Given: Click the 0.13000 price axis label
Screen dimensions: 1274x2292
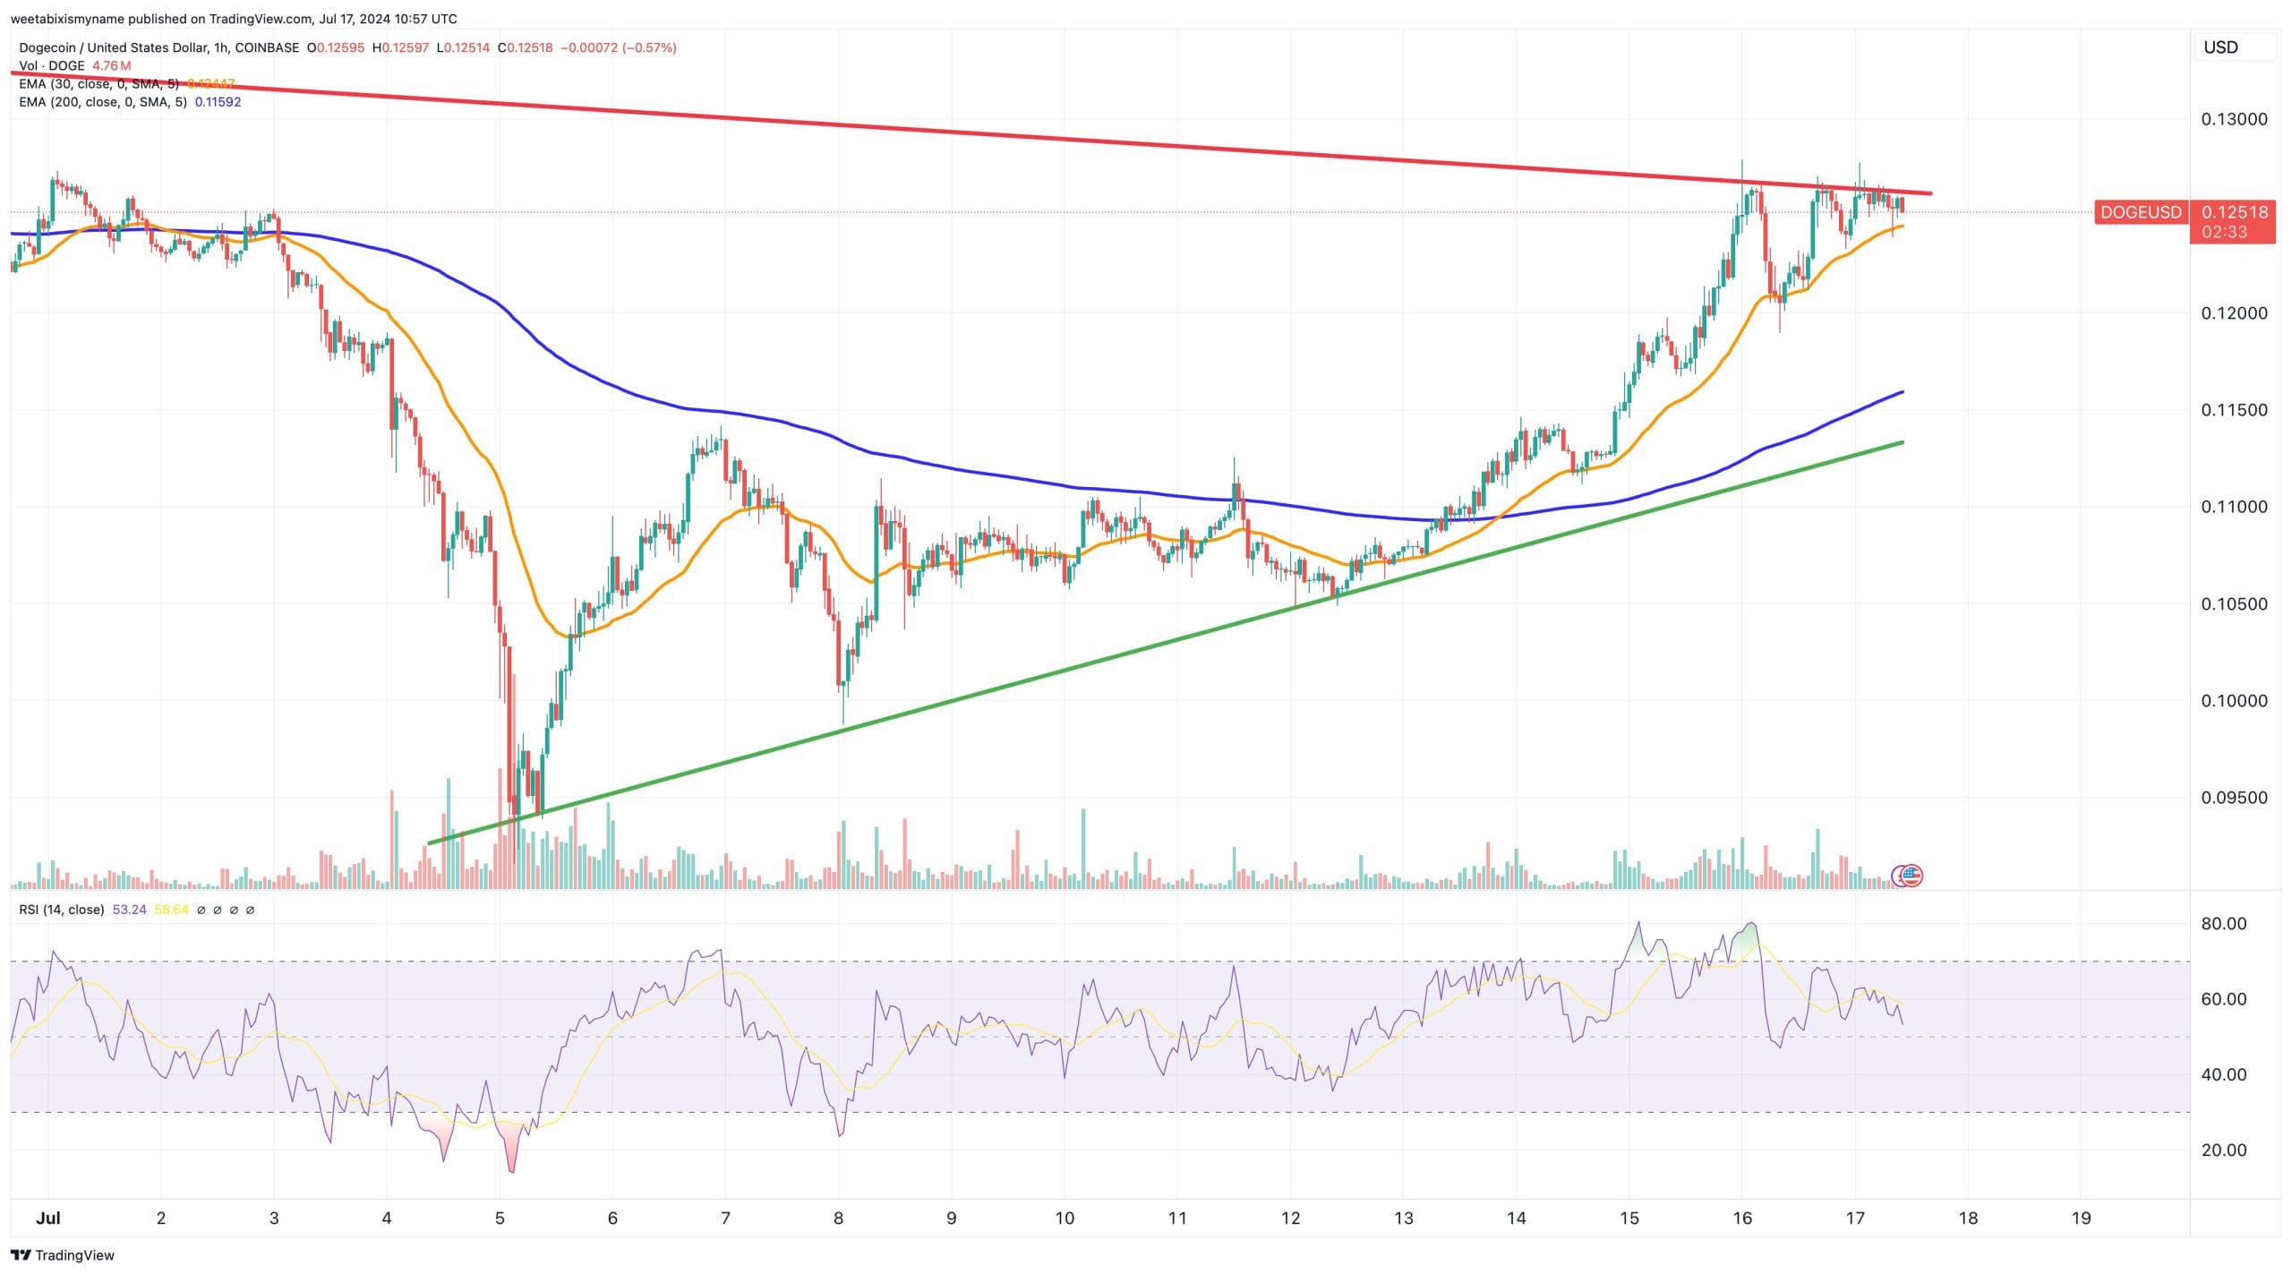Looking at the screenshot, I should (2234, 119).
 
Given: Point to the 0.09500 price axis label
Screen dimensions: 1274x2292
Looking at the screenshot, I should (2234, 798).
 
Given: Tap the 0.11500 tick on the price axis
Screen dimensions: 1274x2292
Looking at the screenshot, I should (2234, 410).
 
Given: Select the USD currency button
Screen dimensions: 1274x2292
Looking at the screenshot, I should (2220, 47).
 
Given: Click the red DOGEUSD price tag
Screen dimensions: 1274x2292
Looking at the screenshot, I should (2141, 212).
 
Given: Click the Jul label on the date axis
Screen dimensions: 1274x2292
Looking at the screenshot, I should (48, 1218).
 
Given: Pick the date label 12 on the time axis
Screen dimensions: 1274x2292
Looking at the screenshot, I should (1290, 1218).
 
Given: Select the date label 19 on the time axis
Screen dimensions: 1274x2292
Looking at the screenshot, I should (2081, 1218).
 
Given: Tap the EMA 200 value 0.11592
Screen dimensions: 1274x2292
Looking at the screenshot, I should (218, 102).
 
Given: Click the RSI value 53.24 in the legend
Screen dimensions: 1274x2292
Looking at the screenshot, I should (129, 910).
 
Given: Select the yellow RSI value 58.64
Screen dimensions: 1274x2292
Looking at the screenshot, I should (171, 910).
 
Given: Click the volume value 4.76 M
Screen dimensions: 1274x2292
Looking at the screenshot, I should (111, 66).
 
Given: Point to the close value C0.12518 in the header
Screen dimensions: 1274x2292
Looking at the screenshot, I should (525, 47).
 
